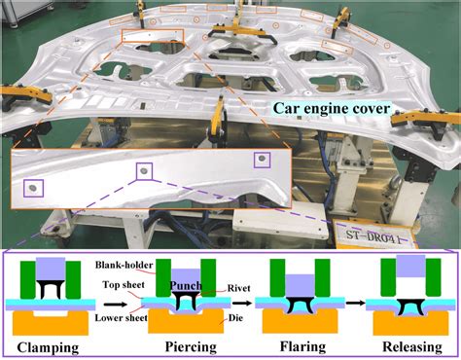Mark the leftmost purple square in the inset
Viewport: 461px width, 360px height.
point(32,187)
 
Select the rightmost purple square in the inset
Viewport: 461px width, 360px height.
point(260,159)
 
